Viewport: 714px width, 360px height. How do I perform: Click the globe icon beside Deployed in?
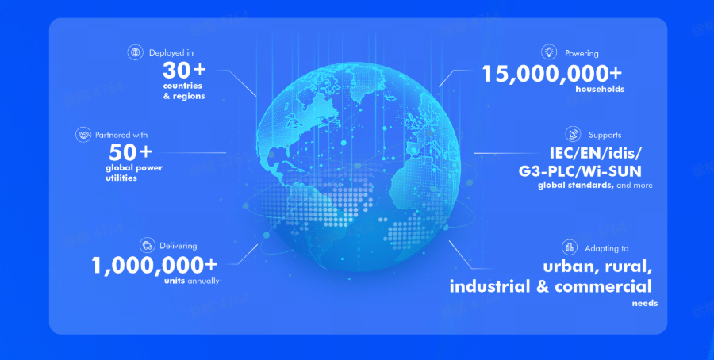coord(135,52)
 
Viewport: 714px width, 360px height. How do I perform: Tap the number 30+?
coord(184,71)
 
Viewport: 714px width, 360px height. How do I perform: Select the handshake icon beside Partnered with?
coord(83,135)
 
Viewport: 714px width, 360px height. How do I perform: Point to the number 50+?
coord(130,152)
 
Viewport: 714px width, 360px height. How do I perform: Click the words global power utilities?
coord(134,173)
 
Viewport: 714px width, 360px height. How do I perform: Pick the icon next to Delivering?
coord(148,246)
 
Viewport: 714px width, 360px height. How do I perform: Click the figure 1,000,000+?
coord(155,266)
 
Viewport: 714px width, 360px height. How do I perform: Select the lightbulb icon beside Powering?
coord(549,52)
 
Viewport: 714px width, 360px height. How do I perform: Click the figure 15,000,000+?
coord(552,74)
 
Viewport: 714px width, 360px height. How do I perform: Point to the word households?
coord(600,89)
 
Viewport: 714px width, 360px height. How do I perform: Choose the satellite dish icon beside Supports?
coord(574,134)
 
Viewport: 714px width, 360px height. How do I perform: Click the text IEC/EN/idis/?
coord(596,153)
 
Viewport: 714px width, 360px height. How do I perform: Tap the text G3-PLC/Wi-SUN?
coord(580,171)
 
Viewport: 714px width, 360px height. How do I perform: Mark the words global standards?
coord(576,186)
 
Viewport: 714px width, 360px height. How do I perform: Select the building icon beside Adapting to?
coord(569,247)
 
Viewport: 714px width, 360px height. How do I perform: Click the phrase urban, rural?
coord(597,267)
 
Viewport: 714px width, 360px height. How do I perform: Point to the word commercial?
coord(604,286)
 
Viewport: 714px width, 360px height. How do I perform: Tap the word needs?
coord(645,304)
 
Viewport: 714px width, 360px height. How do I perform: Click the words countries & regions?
coord(184,91)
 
